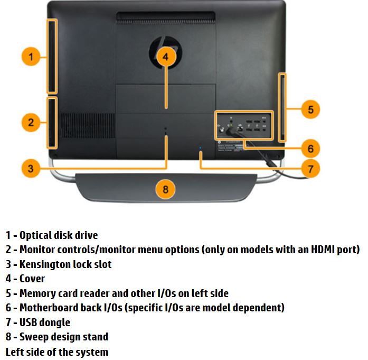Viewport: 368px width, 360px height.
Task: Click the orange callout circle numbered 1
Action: (x=31, y=57)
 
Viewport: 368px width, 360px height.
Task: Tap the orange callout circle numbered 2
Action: (x=31, y=123)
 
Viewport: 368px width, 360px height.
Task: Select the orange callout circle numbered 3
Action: (x=31, y=169)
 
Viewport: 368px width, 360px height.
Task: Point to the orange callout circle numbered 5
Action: (x=311, y=109)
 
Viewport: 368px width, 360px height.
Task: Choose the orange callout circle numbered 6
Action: (x=311, y=149)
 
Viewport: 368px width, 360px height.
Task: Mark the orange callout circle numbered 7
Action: (x=311, y=169)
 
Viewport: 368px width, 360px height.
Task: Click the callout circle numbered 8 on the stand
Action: (x=166, y=189)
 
